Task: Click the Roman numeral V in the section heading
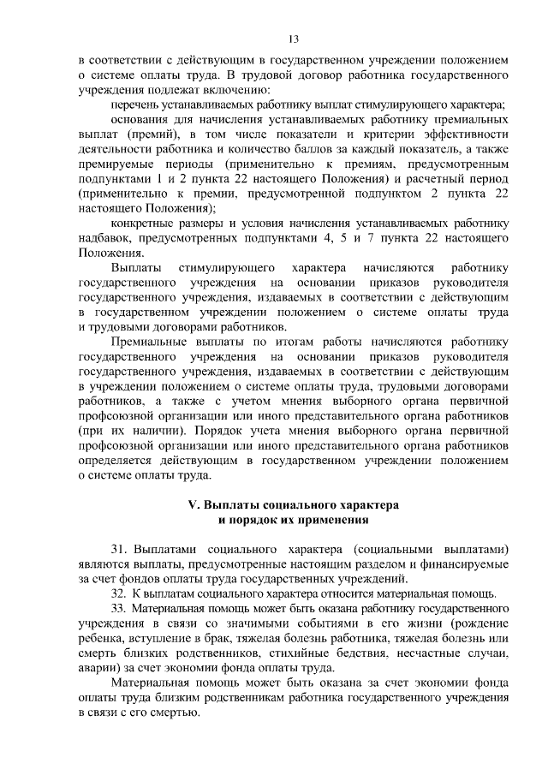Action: point(193,505)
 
